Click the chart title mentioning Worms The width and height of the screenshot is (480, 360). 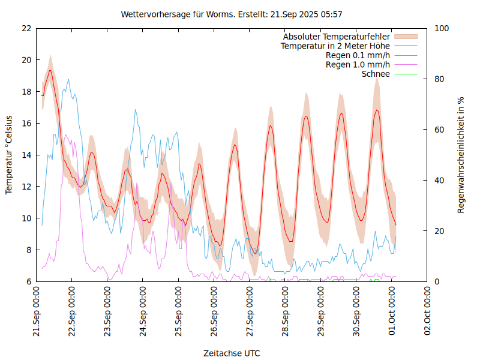click(232, 14)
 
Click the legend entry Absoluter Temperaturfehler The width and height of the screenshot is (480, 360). click(337, 37)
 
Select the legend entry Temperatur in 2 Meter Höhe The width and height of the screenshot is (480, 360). click(335, 46)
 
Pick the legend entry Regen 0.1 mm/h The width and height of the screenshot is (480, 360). click(358, 55)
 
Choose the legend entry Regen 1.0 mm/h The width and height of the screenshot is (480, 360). click(358, 64)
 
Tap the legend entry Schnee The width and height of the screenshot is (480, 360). click(376, 74)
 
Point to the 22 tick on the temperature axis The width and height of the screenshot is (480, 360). click(26, 28)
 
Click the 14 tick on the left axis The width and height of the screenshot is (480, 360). click(26, 155)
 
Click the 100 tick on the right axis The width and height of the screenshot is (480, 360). click(442, 28)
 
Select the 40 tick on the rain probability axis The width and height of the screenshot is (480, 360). click(440, 181)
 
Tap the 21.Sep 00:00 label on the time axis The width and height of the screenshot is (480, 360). click(37, 313)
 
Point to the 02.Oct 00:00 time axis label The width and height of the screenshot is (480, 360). click(428, 313)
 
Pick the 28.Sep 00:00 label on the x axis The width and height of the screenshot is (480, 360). click(286, 313)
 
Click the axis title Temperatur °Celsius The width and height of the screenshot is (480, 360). click(9, 154)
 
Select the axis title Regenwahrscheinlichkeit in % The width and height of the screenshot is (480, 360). click(461, 155)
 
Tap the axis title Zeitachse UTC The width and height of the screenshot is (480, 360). click(232, 353)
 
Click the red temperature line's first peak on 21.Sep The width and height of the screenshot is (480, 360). click(50, 70)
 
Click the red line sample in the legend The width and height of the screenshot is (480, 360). click(405, 46)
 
